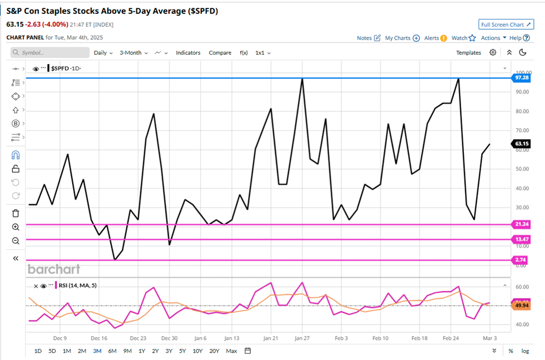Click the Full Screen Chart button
506,25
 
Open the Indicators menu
188,53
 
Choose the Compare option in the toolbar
220,53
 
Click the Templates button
468,53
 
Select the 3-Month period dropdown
133,53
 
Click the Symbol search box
50,53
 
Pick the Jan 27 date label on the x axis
302,338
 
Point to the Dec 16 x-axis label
99,338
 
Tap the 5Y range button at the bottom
183,350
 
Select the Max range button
231,350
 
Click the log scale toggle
525,350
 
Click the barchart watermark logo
54,269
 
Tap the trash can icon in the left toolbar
16,213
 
